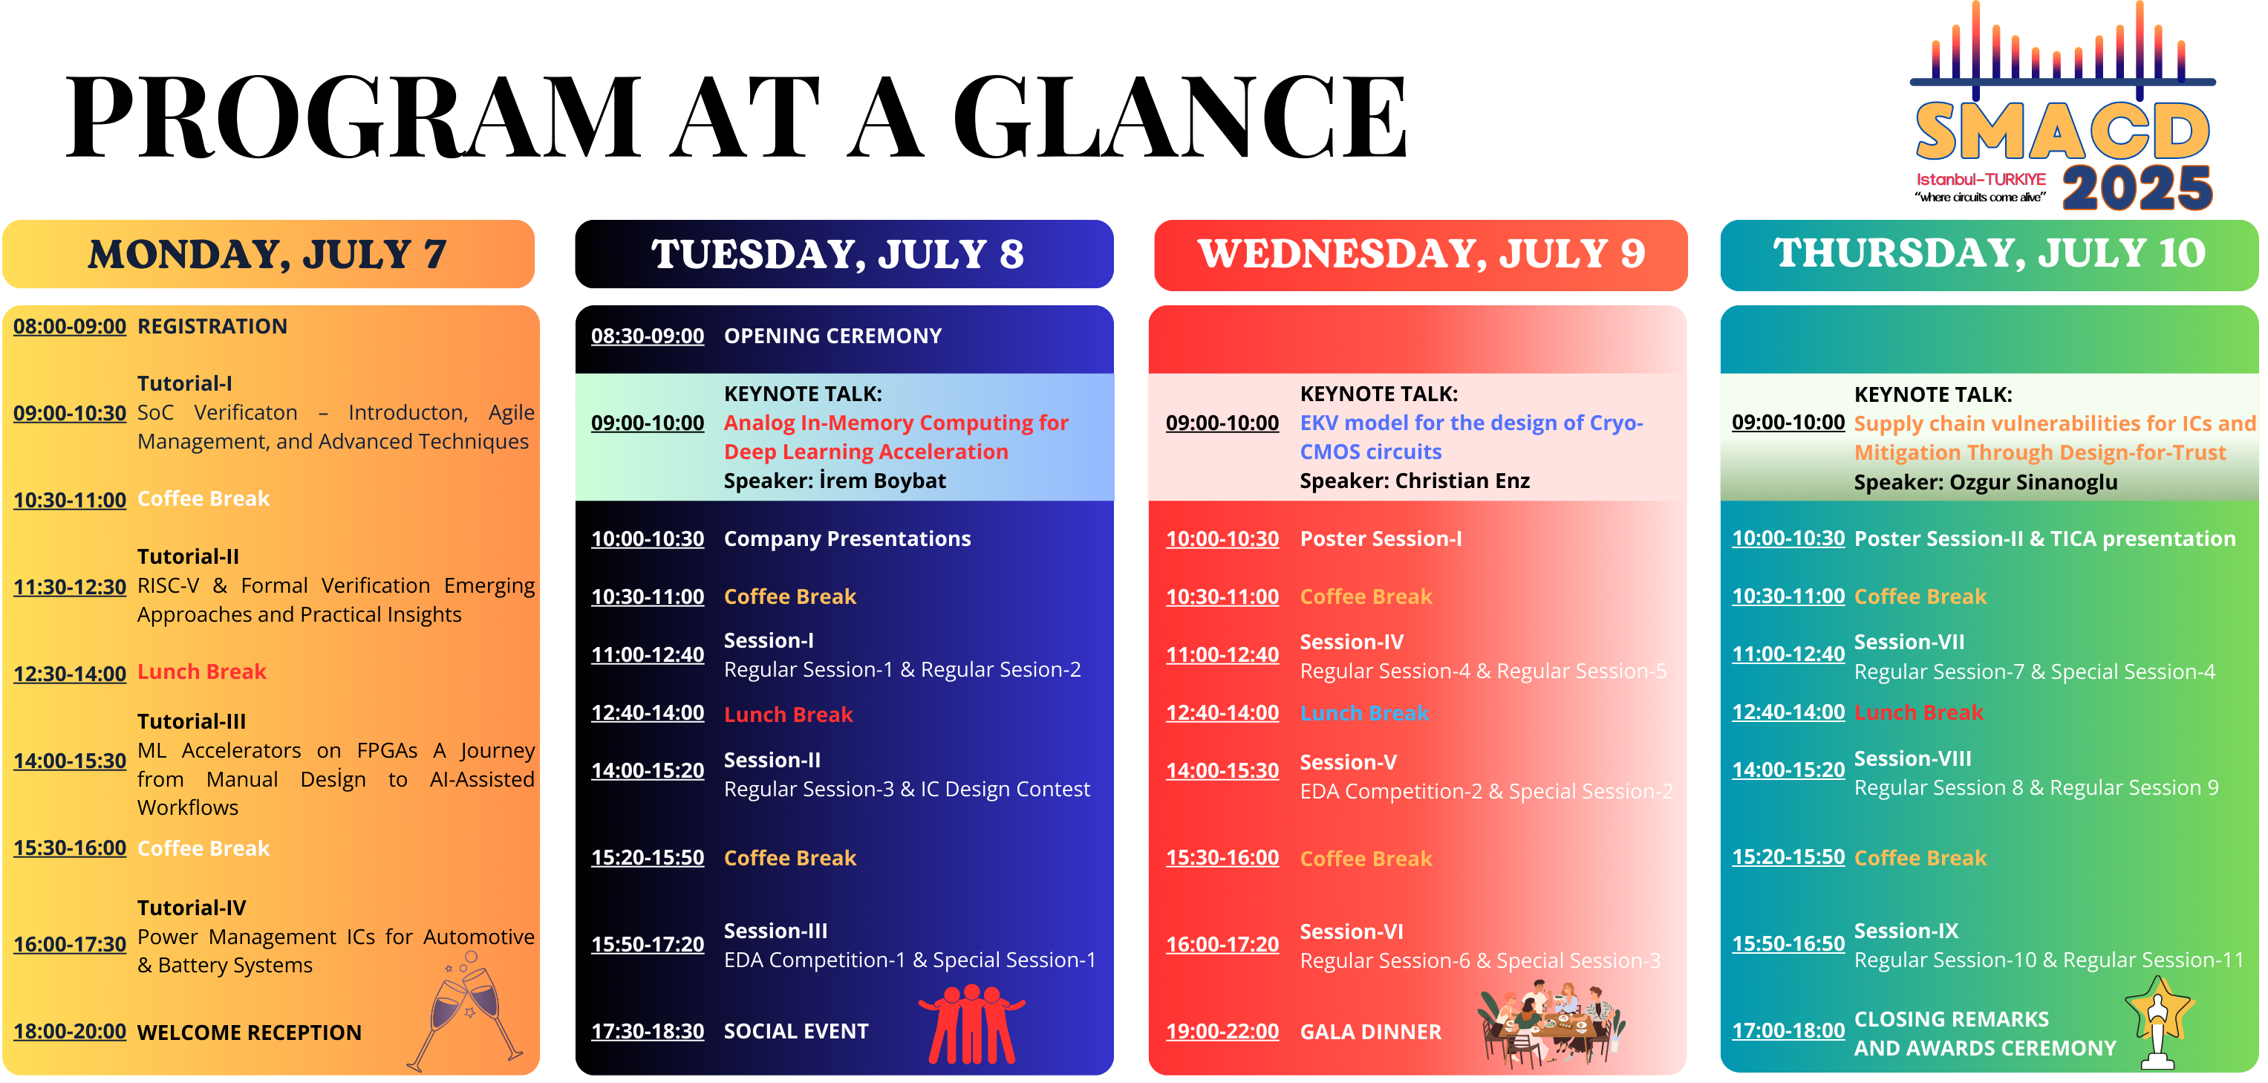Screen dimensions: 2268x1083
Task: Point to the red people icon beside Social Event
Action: (971, 1024)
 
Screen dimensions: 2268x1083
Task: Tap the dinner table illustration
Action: (1551, 1024)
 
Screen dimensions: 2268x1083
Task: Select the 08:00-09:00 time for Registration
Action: (70, 327)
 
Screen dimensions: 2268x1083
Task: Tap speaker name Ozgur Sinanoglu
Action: (2034, 483)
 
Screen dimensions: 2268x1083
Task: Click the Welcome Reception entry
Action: (250, 1032)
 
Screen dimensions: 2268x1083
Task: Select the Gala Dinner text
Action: (1371, 1032)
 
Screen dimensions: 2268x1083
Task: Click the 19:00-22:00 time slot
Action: (1222, 1032)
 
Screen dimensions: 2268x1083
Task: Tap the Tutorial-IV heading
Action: (192, 908)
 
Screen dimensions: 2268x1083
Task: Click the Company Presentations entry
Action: (847, 539)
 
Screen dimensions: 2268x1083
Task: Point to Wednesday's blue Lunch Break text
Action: (1365, 713)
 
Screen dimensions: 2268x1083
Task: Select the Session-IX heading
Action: (1906, 931)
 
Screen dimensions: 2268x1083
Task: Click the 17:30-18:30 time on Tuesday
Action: (647, 1031)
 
